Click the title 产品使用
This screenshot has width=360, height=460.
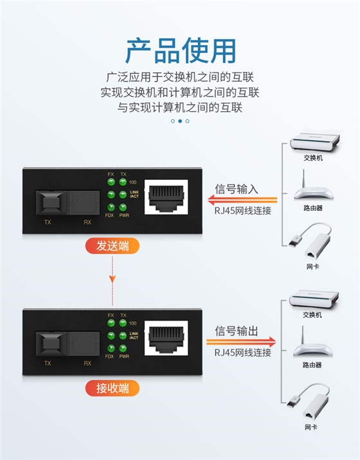pyautogui.click(x=180, y=51)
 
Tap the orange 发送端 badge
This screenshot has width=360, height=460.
pyautogui.click(x=113, y=245)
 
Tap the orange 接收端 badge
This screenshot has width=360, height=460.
pyautogui.click(x=113, y=387)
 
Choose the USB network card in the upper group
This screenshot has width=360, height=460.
pyautogui.click(x=310, y=242)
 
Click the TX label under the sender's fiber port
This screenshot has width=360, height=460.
pyautogui.click(x=47, y=222)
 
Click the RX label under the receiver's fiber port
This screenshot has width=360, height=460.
pyautogui.click(x=87, y=363)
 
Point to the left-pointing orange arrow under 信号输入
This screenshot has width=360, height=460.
pyautogui.click(x=245, y=200)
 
